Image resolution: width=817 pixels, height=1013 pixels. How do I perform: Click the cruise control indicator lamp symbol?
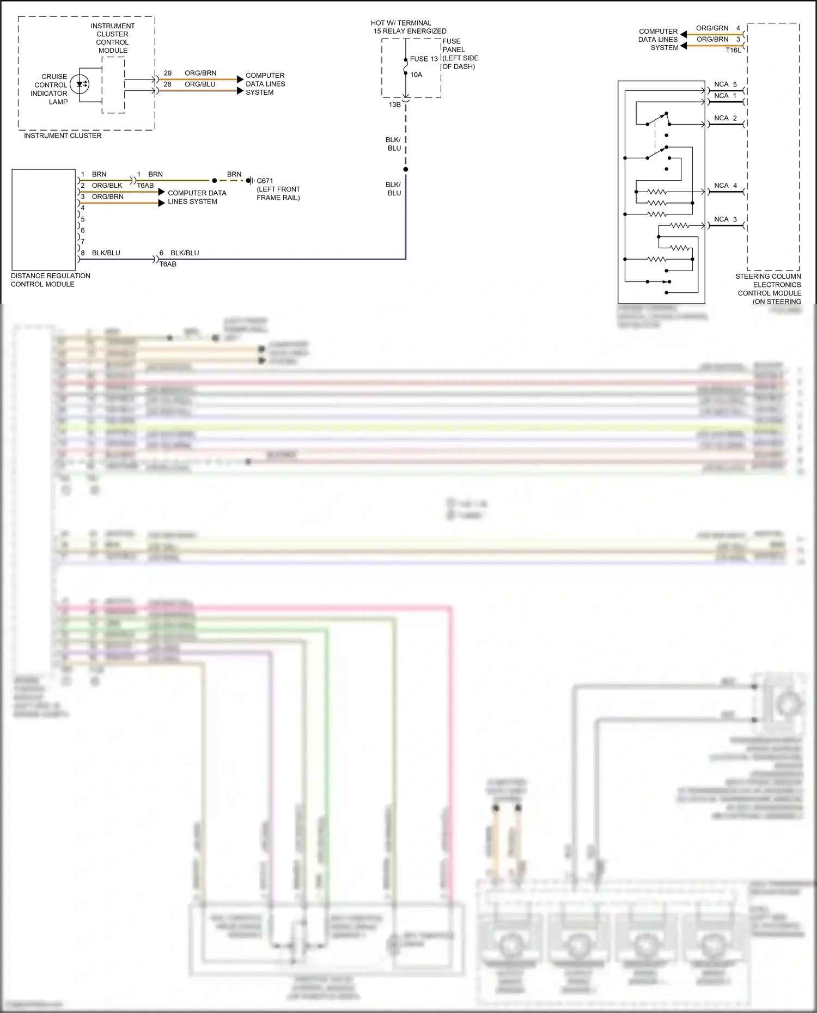pyautogui.click(x=80, y=84)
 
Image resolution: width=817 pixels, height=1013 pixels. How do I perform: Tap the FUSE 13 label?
pyautogui.click(x=424, y=59)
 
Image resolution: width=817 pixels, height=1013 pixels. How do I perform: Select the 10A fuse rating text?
pyautogui.click(x=416, y=75)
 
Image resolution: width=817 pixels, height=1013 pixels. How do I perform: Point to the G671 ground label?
pyautogui.click(x=265, y=181)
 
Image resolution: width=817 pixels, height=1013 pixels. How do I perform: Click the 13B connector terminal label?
pyautogui.click(x=394, y=105)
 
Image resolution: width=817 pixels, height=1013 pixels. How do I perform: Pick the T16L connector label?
pyautogui.click(x=733, y=50)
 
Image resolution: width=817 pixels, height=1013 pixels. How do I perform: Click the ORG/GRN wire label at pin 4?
pyautogui.click(x=712, y=28)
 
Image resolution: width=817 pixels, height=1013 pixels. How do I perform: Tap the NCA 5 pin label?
pyautogui.click(x=725, y=84)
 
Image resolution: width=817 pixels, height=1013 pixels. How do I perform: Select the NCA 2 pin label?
pyautogui.click(x=725, y=118)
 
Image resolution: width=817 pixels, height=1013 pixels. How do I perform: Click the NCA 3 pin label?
pyautogui.click(x=725, y=219)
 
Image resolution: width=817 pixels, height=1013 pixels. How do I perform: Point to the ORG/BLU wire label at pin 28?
pyautogui.click(x=200, y=84)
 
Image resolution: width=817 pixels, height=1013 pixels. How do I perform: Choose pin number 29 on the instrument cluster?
pyautogui.click(x=168, y=73)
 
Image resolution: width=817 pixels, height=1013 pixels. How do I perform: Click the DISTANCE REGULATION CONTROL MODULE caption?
pyautogui.click(x=50, y=280)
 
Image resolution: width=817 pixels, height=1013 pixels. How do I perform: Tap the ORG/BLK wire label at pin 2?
pyautogui.click(x=107, y=186)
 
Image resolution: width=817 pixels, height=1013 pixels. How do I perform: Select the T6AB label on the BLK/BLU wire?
pyautogui.click(x=168, y=265)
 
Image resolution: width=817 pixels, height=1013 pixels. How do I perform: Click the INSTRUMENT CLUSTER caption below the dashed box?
pyautogui.click(x=63, y=136)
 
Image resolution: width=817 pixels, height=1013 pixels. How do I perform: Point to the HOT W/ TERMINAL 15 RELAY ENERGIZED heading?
pyautogui.click(x=408, y=27)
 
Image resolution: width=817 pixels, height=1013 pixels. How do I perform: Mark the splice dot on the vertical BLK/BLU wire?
pyautogui.click(x=406, y=169)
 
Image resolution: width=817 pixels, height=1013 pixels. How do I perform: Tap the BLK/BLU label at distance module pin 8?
pyautogui.click(x=106, y=253)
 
